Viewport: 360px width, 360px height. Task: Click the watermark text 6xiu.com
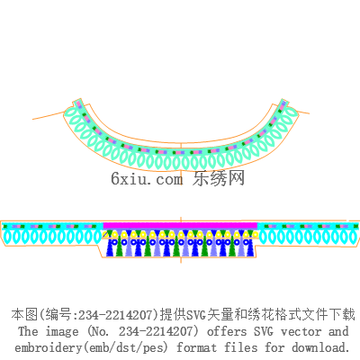click(147, 179)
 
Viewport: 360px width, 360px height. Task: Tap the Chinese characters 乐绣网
click(219, 178)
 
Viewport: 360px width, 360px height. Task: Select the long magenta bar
click(180, 226)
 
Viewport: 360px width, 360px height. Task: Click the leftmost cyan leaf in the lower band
click(7, 238)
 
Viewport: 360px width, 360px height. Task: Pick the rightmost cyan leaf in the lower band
click(354, 237)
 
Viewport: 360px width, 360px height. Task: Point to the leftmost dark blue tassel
click(112, 247)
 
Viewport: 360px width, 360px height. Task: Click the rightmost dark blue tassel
click(249, 247)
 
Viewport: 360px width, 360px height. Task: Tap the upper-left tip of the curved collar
click(77, 100)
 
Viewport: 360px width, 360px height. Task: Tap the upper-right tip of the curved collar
click(283, 100)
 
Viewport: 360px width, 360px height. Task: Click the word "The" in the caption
click(28, 331)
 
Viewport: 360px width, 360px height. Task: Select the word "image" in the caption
click(62, 332)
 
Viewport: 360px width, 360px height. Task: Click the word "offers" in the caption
click(227, 331)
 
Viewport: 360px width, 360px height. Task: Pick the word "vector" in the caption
click(301, 332)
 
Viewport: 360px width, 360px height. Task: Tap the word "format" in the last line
click(196, 347)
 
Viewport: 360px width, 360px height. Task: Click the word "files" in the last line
click(241, 347)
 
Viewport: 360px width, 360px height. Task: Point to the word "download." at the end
click(320, 347)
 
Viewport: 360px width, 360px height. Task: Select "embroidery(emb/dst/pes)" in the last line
click(92, 348)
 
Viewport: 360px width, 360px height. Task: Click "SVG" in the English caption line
click(264, 331)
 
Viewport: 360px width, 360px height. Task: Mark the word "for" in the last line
click(274, 347)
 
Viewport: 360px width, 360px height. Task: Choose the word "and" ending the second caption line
click(338, 331)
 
